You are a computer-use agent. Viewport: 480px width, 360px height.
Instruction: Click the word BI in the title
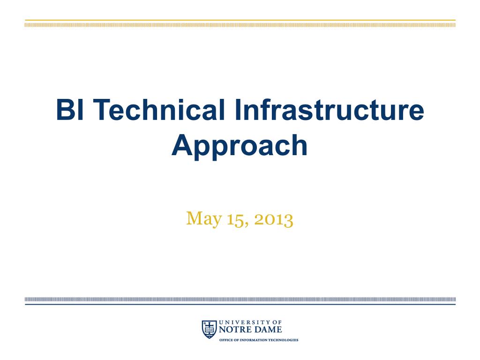tap(69, 109)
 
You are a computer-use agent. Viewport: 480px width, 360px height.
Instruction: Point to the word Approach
tap(240, 146)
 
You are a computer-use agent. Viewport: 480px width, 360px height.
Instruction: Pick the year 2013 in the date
tap(273, 219)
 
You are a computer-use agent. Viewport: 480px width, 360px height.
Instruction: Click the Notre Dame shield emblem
tap(209, 329)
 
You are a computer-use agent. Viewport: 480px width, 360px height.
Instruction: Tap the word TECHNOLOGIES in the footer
tap(283, 340)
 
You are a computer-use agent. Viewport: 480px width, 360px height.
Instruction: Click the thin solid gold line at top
tap(240, 20)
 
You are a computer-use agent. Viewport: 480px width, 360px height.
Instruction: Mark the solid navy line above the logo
tap(240, 304)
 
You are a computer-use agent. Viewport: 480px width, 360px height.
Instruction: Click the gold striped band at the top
tap(240, 25)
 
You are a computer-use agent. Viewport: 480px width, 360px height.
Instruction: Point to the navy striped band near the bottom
tap(240, 299)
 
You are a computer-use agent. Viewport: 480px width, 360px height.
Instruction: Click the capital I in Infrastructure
tap(238, 109)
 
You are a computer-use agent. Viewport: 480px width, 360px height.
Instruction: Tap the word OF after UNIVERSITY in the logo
tap(277, 322)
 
